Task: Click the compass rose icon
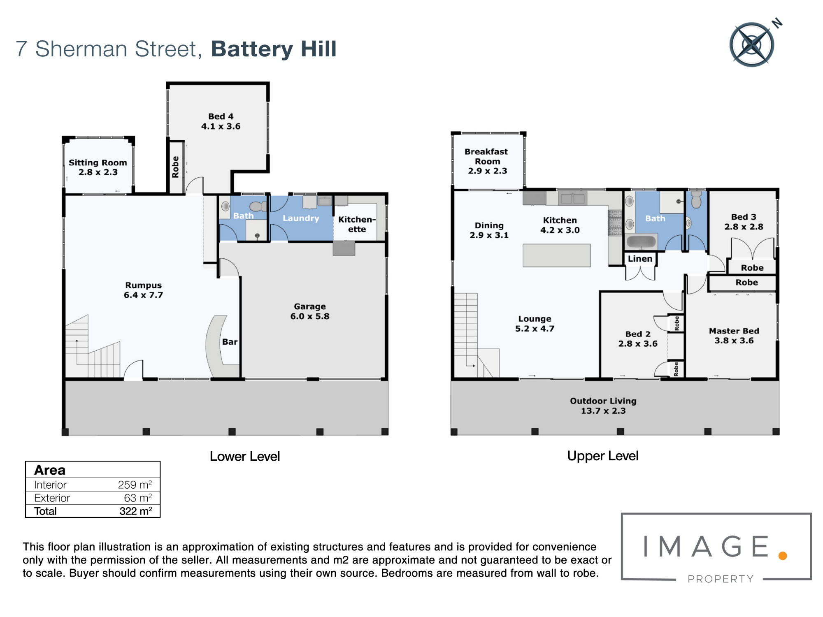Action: coord(752,44)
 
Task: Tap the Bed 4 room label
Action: coord(221,121)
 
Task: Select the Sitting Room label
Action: coord(98,167)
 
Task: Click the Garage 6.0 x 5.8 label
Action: coord(310,311)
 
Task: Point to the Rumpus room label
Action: coord(144,290)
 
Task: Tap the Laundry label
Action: coord(301,218)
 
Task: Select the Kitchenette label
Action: coord(357,224)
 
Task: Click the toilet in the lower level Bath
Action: coord(258,206)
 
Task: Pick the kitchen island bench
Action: coord(556,255)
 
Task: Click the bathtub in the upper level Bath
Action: coord(641,241)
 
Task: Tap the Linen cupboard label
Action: coord(640,259)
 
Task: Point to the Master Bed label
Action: coord(734,336)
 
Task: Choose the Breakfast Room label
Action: coord(486,161)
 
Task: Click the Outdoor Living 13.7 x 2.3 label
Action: coord(603,406)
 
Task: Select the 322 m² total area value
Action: coord(136,511)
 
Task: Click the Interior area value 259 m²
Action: coord(135,485)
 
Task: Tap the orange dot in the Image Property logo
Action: coord(783,556)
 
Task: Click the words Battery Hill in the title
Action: coord(274,49)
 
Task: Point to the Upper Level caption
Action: coord(603,456)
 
